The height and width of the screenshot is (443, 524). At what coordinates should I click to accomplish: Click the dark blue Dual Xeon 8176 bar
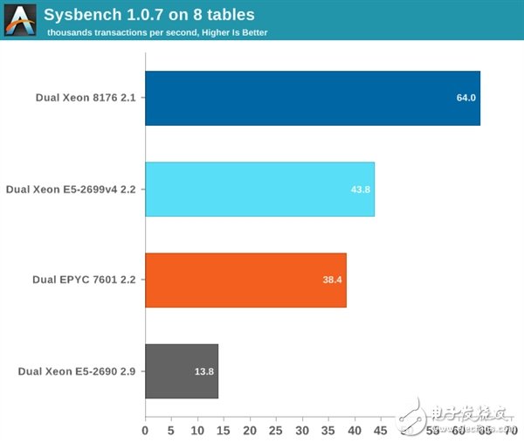(312, 98)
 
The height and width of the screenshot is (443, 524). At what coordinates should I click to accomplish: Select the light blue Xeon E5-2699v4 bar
(259, 189)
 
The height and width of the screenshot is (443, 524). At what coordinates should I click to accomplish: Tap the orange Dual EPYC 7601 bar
(245, 280)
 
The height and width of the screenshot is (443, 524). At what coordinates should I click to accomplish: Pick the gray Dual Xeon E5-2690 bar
(181, 371)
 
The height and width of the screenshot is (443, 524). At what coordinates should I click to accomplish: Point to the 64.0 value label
(465, 98)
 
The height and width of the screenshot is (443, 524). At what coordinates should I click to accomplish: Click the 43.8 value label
(361, 189)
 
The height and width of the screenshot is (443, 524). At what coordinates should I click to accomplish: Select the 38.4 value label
(333, 280)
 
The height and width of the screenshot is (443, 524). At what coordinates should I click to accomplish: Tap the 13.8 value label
(204, 371)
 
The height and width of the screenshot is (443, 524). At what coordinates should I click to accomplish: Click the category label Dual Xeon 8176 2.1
(86, 98)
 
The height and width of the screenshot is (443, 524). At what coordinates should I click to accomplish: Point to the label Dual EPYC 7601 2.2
(84, 280)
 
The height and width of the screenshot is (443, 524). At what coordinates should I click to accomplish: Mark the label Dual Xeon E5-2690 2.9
(77, 371)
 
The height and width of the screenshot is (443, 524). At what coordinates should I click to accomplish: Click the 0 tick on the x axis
(146, 429)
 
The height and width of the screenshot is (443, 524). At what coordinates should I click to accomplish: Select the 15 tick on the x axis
(224, 429)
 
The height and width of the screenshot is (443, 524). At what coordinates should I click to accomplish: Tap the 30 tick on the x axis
(303, 429)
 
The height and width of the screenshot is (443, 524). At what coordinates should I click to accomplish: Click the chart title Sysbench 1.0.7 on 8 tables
(148, 14)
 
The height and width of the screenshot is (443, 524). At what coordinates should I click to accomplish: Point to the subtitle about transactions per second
(157, 32)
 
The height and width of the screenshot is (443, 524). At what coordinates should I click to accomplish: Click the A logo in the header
(20, 20)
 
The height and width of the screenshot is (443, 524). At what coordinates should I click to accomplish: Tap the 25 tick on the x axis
(277, 429)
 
